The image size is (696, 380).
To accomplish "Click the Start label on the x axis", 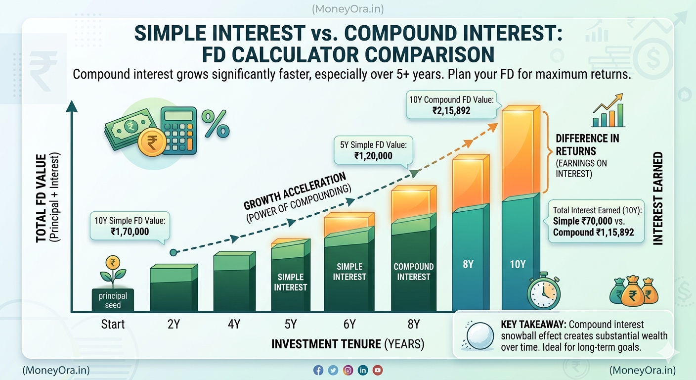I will [113, 325].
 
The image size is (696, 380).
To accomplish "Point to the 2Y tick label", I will [174, 325].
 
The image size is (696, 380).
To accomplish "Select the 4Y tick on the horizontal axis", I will [234, 325].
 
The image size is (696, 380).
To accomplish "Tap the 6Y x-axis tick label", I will [349, 325].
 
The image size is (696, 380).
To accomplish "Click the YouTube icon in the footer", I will [378, 370].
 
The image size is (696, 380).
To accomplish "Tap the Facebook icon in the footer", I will [318, 370].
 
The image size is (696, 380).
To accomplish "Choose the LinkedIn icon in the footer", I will [363, 370].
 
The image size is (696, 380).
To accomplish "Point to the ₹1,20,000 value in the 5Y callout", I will [373, 155].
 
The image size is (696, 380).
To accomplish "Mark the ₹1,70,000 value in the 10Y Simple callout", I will [130, 231].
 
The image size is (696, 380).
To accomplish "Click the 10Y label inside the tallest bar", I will [518, 265].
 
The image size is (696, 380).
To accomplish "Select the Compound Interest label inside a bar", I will [414, 272].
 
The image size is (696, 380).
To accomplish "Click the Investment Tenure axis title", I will [348, 344].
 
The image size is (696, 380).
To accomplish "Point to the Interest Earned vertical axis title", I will [658, 198].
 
